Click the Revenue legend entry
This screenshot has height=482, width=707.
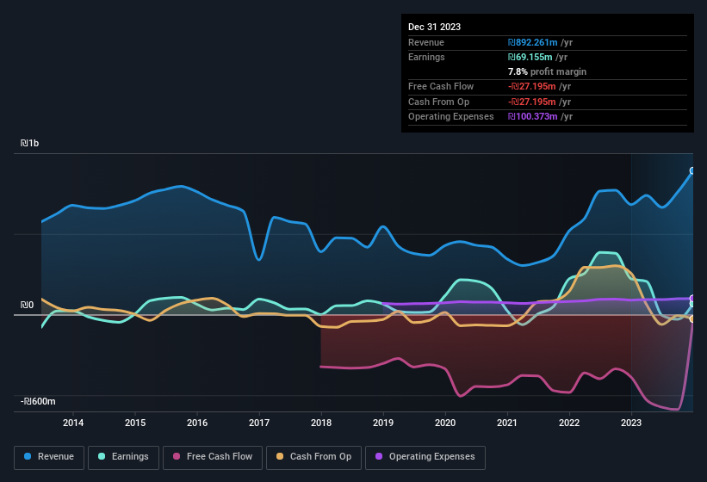pos(49,457)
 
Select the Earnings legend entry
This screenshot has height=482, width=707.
pos(124,457)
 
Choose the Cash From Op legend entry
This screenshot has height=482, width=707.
pos(313,457)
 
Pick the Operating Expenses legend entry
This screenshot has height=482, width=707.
pos(425,457)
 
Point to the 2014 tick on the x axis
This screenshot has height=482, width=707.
pos(73,423)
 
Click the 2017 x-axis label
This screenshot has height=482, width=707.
pos(259,423)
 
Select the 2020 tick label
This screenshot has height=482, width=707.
pos(445,423)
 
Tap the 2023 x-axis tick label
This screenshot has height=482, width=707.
pos(631,423)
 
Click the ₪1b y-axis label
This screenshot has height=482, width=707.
pos(31,144)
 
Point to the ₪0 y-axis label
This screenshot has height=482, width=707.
pos(28,305)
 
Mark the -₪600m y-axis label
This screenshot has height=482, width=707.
pos(39,402)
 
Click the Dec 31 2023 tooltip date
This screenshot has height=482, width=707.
pos(434,27)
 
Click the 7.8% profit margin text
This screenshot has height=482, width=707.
pos(547,71)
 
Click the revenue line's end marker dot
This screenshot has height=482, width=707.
pos(692,171)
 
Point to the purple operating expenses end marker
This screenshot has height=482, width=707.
pos(692,299)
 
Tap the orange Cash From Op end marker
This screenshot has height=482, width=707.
pos(692,319)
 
